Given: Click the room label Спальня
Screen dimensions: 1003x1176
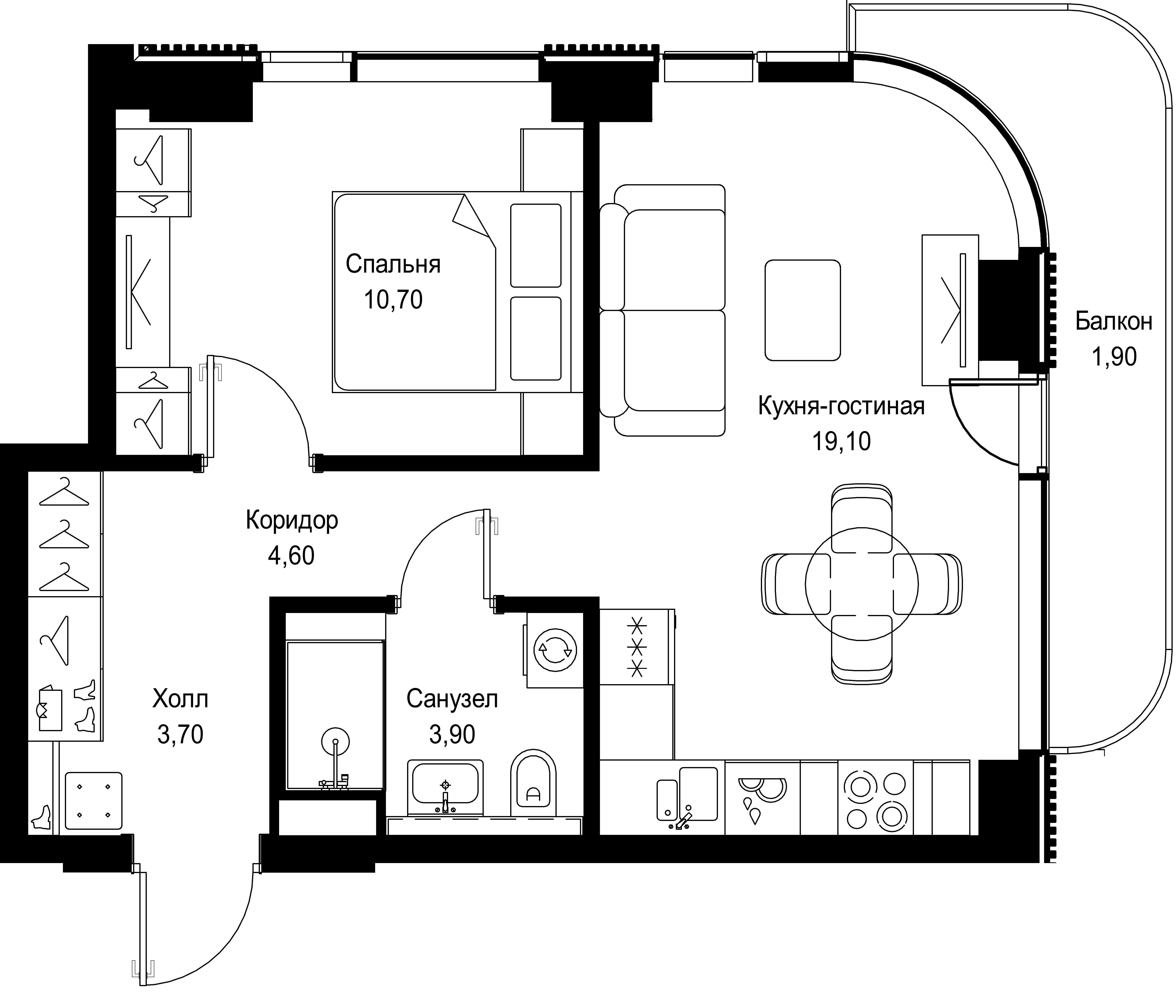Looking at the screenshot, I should pyautogui.click(x=393, y=265).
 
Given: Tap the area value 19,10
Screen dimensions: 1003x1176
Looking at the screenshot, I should pyautogui.click(x=841, y=441).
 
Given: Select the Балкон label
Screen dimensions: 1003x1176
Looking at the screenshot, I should pyautogui.click(x=1113, y=322).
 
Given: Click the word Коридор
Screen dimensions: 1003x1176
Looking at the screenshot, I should pyautogui.click(x=292, y=520).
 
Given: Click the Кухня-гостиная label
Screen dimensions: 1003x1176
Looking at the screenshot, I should pyautogui.click(x=841, y=406).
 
